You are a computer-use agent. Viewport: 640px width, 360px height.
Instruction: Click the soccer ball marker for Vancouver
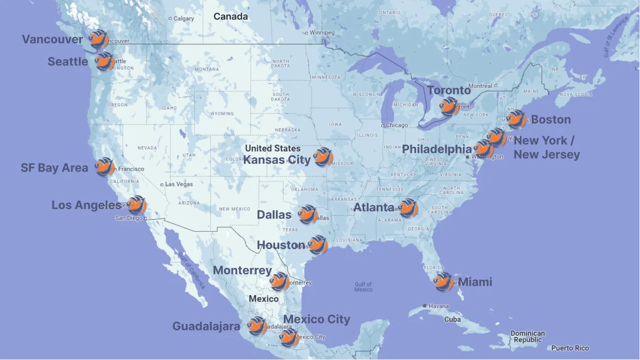pos(98,39)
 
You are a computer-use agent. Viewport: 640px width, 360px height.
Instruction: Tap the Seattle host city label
pos(68,61)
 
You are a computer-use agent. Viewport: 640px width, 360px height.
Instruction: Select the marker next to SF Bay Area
pos(105,167)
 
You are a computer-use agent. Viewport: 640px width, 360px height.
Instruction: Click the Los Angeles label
pos(86,205)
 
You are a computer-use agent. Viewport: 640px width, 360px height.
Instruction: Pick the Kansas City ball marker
pos(323,157)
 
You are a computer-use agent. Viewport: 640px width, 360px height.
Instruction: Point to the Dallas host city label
pos(274,215)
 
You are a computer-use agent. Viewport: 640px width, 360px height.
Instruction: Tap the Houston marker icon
pos(317,245)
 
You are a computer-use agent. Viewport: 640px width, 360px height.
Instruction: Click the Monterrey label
pos(242,271)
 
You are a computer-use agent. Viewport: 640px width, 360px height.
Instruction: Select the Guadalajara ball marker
pos(258,326)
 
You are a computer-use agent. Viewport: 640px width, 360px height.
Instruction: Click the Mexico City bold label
pos(316,319)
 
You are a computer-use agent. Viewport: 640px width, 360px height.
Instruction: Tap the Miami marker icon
pos(443,282)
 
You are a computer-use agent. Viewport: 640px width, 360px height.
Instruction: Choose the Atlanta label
pos(374,207)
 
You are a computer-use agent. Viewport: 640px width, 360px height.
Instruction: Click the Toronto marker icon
pos(449,107)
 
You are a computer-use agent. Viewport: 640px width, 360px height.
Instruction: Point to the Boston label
pos(551,120)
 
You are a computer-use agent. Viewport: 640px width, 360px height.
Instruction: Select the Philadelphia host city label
pos(437,149)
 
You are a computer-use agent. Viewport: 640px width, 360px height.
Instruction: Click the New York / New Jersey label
pos(546,147)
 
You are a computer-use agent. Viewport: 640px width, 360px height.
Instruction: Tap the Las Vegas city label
pos(179,185)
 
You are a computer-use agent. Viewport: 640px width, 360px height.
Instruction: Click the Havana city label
pos(438,306)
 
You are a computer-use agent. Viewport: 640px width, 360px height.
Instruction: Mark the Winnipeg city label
pos(322,33)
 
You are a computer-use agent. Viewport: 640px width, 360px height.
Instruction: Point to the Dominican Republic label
pos(527,337)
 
